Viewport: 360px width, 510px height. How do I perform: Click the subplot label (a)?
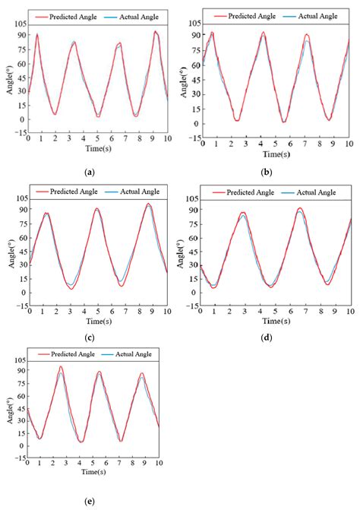point(91,173)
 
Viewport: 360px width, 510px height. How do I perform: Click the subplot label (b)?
point(265,173)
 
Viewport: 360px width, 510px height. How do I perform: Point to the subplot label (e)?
point(91,501)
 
